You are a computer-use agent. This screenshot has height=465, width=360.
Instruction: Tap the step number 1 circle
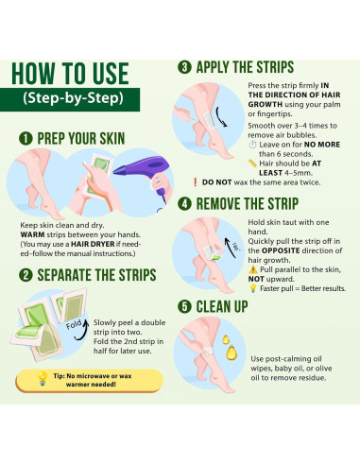26,138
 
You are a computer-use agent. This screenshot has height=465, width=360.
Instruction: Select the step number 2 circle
26,275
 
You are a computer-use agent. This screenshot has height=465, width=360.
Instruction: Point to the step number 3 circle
184,67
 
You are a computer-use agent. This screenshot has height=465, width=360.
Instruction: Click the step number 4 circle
184,203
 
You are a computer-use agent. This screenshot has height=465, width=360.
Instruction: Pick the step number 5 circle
184,306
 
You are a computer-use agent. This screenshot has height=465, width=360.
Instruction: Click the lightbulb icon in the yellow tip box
42,378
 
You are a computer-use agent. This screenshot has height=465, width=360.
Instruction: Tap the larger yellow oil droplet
231,353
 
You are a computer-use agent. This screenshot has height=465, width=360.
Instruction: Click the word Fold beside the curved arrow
74,324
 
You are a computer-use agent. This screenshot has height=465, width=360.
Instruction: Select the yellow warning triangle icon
253,269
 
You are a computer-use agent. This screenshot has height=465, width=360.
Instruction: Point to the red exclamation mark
196,182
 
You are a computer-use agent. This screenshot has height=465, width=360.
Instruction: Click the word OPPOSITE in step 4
281,250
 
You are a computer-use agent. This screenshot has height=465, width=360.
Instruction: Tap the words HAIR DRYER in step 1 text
93,244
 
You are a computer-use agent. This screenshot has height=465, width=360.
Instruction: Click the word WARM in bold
32,234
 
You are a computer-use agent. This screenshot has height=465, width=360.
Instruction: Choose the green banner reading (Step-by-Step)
70,99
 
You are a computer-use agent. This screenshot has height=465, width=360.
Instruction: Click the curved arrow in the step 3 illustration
220,117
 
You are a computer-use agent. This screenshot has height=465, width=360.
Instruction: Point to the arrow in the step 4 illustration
230,248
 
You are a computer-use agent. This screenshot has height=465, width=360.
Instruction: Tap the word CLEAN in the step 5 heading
212,306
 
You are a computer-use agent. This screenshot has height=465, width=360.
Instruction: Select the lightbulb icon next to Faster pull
252,288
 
